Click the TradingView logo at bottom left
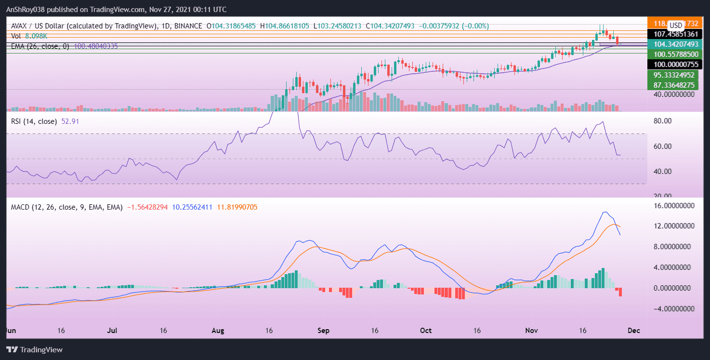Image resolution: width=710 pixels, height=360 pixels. click(x=34, y=349)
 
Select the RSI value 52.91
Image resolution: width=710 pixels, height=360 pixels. click(x=70, y=121)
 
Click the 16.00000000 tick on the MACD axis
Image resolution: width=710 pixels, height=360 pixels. click(x=672, y=206)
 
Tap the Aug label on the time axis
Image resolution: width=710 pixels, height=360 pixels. click(x=218, y=331)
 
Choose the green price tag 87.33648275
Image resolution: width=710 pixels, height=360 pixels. click(x=673, y=85)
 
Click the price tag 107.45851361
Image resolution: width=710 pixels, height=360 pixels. click(x=673, y=34)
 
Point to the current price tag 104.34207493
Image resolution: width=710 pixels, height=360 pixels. click(x=673, y=44)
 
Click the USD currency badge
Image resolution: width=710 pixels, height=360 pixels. click(x=676, y=25)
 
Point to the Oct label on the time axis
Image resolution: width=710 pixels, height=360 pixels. click(x=426, y=331)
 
